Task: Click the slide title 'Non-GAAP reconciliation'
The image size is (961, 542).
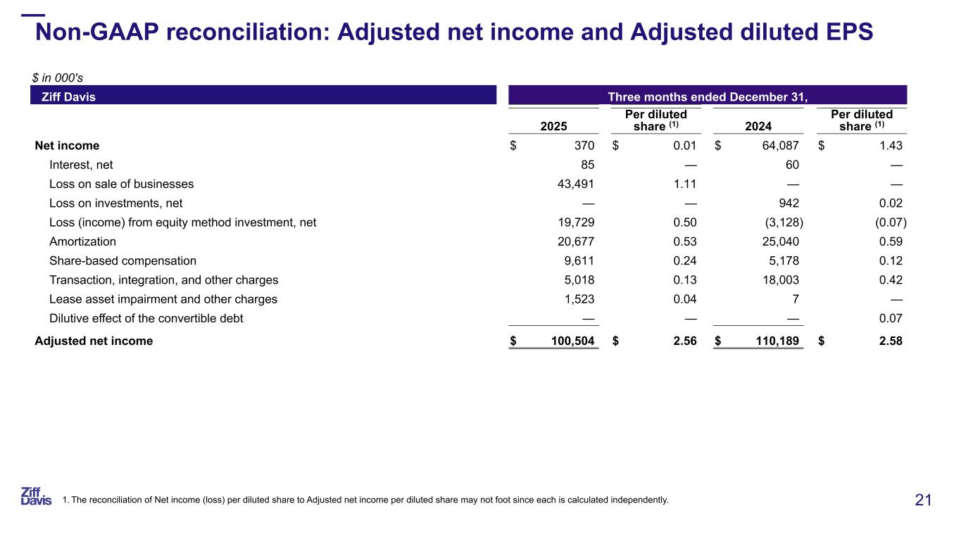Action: pyautogui.click(x=454, y=32)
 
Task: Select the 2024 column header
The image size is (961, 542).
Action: pyautogui.click(x=758, y=126)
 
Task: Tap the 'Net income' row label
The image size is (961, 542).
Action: pyautogui.click(x=68, y=146)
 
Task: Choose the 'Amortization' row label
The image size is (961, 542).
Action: pyautogui.click(x=82, y=241)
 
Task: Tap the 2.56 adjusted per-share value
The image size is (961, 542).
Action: pyautogui.click(x=684, y=341)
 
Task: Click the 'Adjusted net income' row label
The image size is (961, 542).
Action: pyautogui.click(x=94, y=341)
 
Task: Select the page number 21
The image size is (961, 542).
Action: pyautogui.click(x=923, y=500)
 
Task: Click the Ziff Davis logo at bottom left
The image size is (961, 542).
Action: pyautogui.click(x=36, y=496)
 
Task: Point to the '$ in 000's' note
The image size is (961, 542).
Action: pyautogui.click(x=59, y=78)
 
